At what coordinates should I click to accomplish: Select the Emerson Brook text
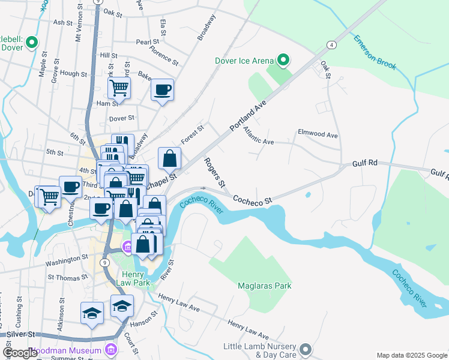coord(375,52)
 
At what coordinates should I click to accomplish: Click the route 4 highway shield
coord(331,45)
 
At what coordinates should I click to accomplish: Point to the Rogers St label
coord(214,172)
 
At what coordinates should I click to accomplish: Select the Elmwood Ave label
coord(318,133)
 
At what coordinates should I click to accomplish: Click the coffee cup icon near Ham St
coord(162,90)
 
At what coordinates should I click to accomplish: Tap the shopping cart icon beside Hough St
coord(119,88)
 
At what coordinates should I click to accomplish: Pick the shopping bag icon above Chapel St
coord(170,158)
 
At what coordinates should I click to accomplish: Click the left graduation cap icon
coord(92,313)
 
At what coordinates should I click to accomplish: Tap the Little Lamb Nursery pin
coord(306,349)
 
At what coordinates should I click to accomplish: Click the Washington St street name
coord(68,260)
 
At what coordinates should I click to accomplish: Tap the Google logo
coord(20,353)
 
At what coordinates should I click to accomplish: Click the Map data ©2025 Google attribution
coord(411,355)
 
